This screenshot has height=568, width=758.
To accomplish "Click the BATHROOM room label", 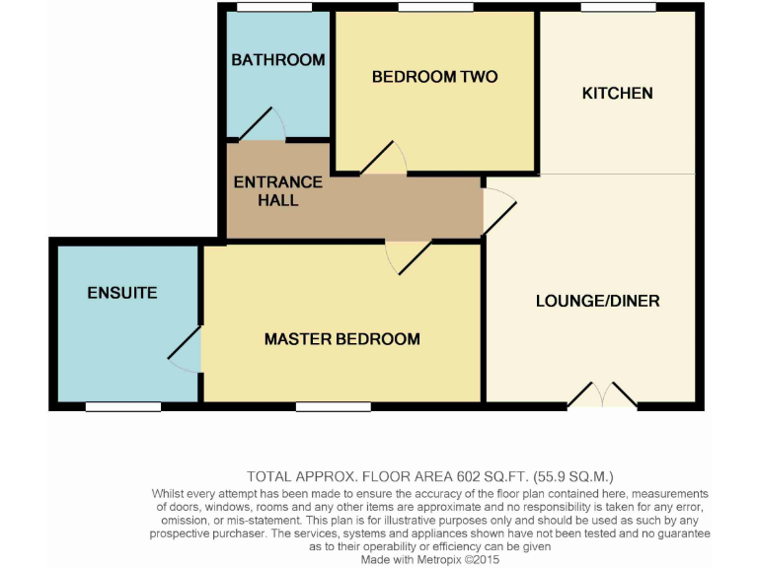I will [x=278, y=60].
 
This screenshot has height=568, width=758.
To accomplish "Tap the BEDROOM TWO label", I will [x=434, y=77].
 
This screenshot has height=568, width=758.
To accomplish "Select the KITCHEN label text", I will [x=617, y=94].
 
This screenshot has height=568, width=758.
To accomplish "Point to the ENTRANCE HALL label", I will [x=277, y=190].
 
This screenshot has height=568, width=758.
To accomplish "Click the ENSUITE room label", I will [x=122, y=293].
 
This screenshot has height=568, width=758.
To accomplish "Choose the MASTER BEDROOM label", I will [x=341, y=339].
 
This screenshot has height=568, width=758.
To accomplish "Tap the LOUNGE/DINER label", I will [x=597, y=301].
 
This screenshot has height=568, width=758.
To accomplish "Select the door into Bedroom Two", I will [x=385, y=160].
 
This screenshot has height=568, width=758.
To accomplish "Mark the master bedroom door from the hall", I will [x=408, y=256].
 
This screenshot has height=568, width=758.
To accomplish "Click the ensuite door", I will [x=186, y=350].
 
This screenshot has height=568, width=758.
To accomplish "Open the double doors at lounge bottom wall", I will [x=602, y=395].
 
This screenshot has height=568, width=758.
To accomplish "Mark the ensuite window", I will [x=123, y=406].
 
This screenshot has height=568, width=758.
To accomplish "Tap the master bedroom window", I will [x=327, y=406].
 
